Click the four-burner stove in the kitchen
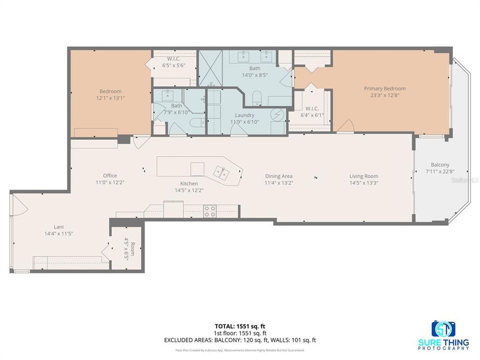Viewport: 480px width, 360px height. (210, 211)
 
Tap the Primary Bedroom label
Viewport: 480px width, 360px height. (384, 88)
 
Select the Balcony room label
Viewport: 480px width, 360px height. (440, 164)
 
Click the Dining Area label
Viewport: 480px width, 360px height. (278, 176)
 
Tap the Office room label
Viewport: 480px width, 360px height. (110, 175)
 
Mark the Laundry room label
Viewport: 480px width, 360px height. (244, 115)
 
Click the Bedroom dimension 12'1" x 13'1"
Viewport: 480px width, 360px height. (110, 98)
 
